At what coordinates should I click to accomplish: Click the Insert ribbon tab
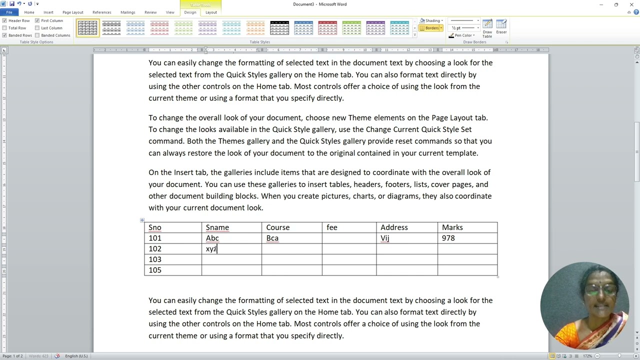tap(48, 12)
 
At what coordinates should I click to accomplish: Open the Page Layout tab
tap(73, 12)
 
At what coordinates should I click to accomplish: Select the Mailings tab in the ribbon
tap(127, 12)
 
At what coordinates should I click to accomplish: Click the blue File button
tap(9, 12)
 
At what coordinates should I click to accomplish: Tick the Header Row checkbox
tap(4, 21)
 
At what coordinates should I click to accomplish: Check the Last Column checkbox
tap(37, 28)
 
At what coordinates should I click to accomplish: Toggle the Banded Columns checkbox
tap(37, 35)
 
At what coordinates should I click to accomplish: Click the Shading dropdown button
tap(431, 21)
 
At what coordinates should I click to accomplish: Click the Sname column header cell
tap(217, 227)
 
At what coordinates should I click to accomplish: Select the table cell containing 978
tap(448, 238)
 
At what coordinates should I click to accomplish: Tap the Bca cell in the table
tap(272, 238)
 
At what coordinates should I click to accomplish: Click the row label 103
tap(155, 259)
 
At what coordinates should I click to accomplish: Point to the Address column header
tap(394, 227)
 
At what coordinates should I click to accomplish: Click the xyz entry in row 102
tap(211, 249)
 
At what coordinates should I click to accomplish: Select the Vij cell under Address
tap(385, 238)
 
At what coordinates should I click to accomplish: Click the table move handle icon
tap(142, 220)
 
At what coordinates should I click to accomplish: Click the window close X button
tap(631, 4)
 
